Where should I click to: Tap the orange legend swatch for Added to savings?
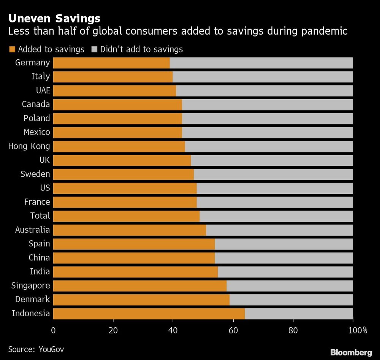pos(12,49)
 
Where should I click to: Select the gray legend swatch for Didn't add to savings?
pos(94,49)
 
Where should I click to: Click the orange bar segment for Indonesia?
pos(149,314)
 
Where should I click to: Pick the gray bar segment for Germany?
pos(261,63)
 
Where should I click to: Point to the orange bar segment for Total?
pos(126,216)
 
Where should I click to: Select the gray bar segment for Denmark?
pos(291,300)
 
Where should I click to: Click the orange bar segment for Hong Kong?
pos(119,146)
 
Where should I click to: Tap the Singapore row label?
pos(30,285)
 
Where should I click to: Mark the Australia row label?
pos(32,230)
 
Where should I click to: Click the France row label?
pos(37,202)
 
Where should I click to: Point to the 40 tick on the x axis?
pos(173,330)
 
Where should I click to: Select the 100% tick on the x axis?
pos(359,330)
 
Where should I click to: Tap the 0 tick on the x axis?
pos(53,330)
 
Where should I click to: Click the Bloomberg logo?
pos(351,352)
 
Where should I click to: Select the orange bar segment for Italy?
pos(113,77)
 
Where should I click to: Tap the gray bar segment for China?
pos(284,258)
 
